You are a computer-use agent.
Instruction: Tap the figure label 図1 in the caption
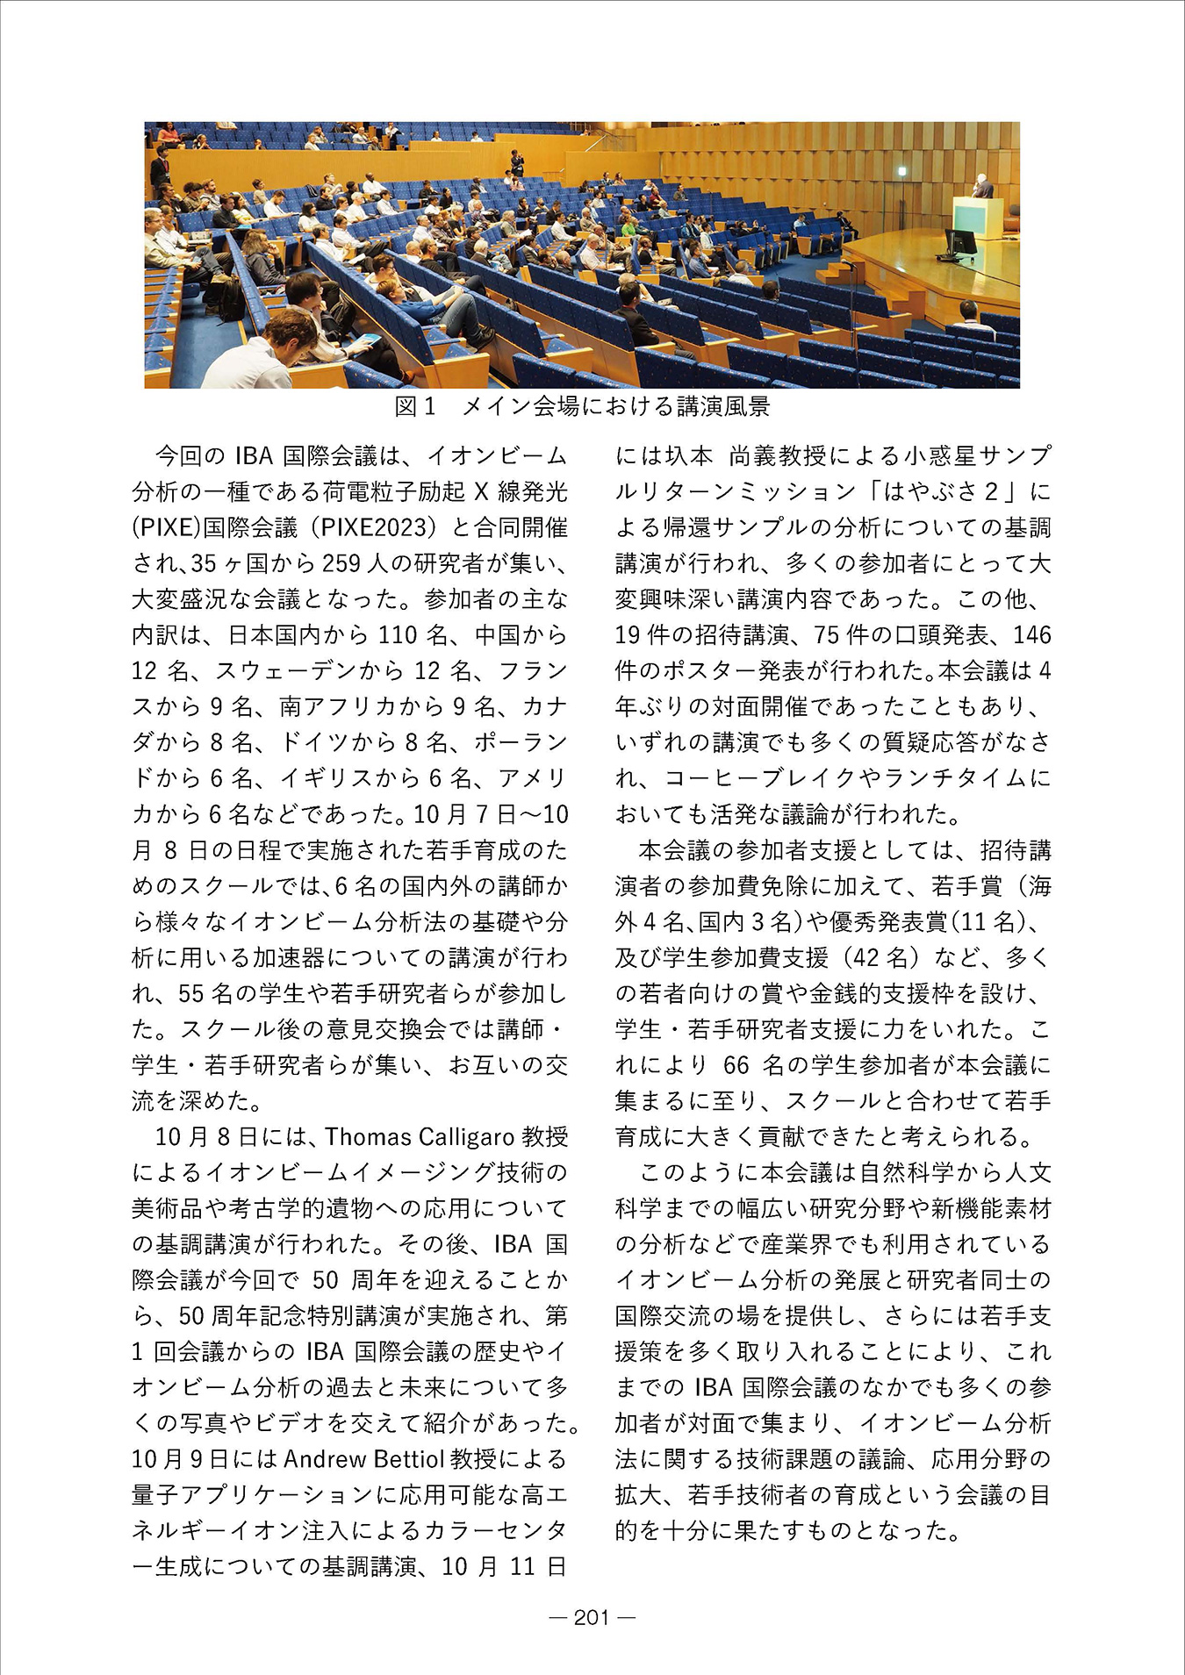pos(414,406)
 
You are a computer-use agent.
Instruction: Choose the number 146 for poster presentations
pos(1031,635)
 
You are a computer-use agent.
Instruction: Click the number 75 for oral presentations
pos(827,635)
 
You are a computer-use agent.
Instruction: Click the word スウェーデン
pos(273,671)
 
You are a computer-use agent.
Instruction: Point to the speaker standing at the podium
pos(983,186)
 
